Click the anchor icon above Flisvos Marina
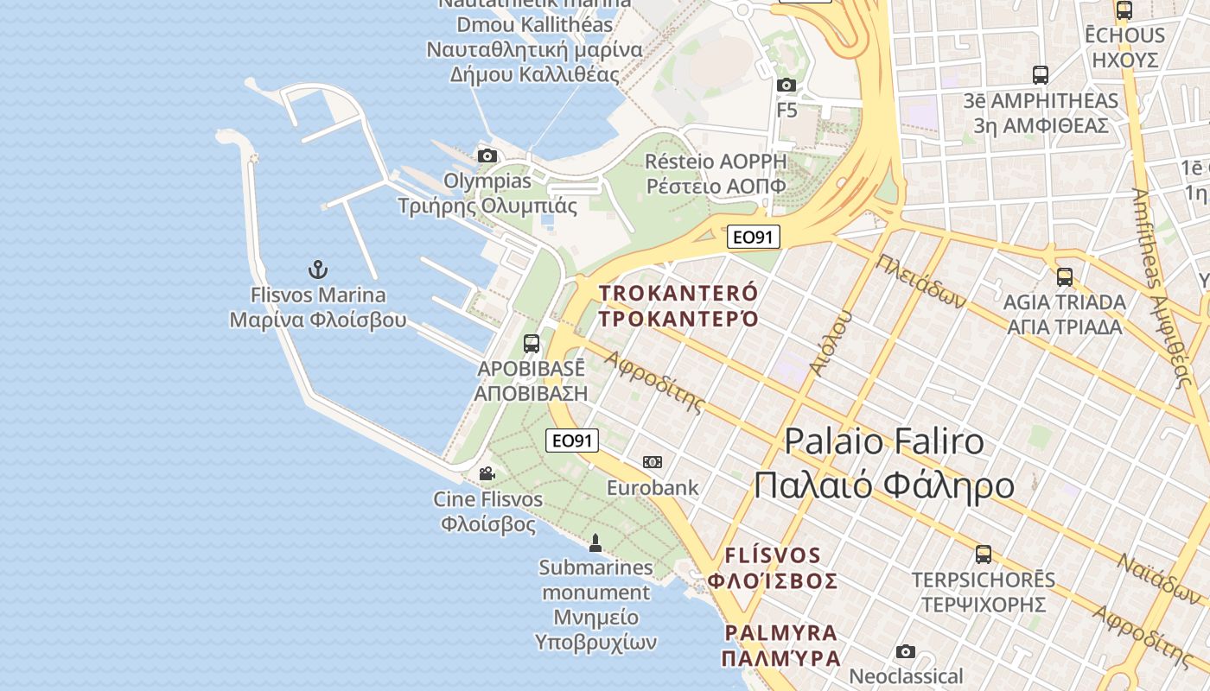pos(318,269)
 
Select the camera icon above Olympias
pos(487,156)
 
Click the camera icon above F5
pos(786,85)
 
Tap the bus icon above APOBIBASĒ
pos(532,343)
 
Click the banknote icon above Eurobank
pos(653,462)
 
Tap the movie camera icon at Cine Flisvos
pos(487,473)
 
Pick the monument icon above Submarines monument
pos(595,542)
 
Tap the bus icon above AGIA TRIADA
pos(1065,277)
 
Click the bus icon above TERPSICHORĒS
pos(984,554)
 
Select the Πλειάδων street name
pos(920,282)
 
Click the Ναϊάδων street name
pos(1158,578)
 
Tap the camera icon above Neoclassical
pos(906,651)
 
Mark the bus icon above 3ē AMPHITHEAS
pos(1041,75)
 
